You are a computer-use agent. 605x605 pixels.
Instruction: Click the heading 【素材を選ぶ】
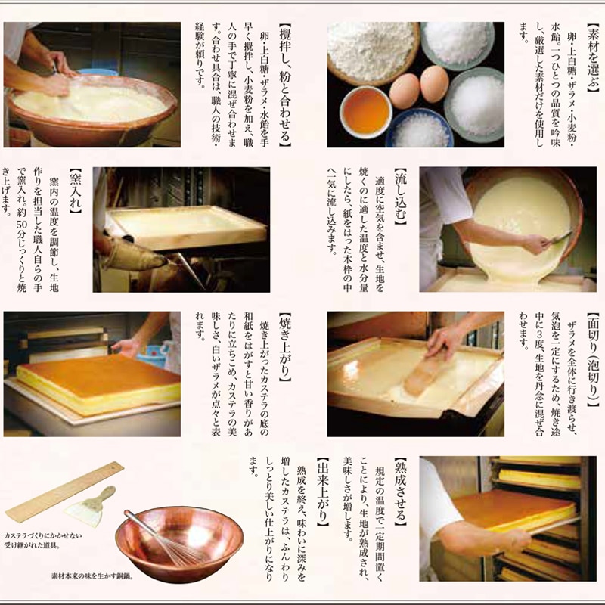pos(592,57)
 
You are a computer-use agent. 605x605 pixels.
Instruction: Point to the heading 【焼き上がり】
pos(285,347)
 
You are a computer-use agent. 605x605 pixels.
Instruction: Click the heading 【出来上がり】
pos(323,492)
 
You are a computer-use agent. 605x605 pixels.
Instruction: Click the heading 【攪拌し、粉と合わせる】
pos(285,85)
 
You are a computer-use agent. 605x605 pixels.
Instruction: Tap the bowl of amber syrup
pos(365,112)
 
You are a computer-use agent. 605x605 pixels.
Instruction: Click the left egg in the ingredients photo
pos(404,91)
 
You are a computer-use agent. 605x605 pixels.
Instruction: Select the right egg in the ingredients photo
pos(434,83)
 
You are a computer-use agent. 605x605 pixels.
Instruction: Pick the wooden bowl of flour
pos(373,53)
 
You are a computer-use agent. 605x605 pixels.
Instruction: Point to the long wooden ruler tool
pos(64,492)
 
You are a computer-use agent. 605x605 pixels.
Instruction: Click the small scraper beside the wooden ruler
pos(89,507)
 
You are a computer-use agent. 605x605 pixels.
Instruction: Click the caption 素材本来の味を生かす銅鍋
pos(92,576)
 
